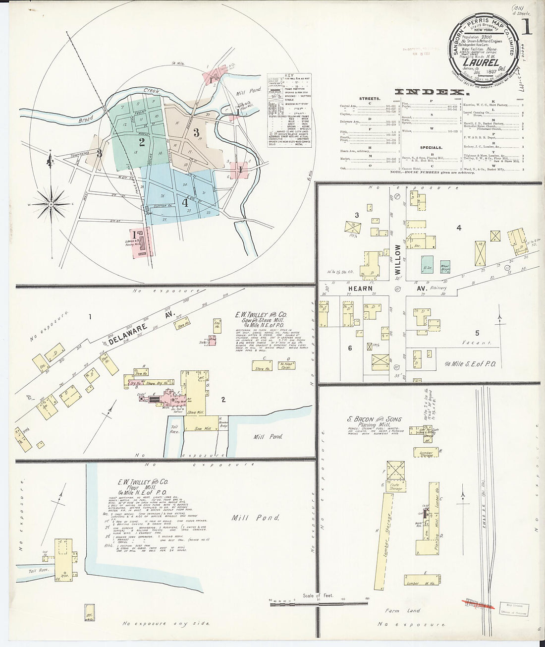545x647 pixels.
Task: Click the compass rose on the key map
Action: pyautogui.click(x=51, y=203)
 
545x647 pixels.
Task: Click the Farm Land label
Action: pyautogui.click(x=407, y=611)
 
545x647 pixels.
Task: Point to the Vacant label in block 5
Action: pyautogui.click(x=477, y=343)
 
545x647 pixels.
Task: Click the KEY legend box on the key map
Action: pyautogui.click(x=289, y=106)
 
